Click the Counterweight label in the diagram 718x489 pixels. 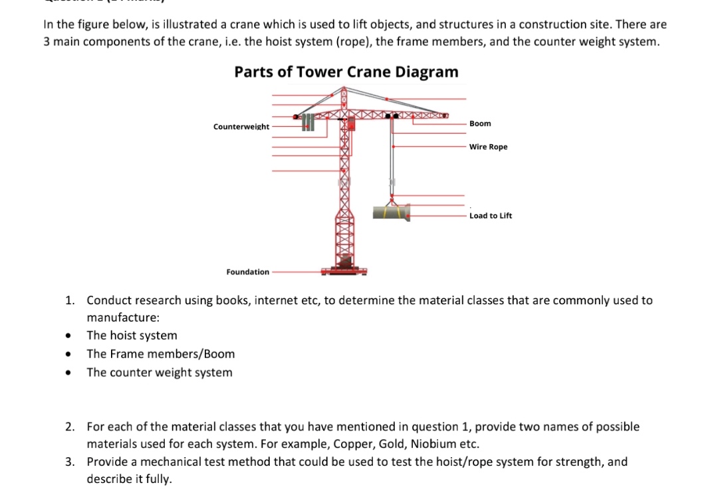click(241, 126)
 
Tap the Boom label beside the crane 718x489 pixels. click(480, 124)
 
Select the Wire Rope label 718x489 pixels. click(488, 147)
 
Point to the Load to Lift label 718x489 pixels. click(491, 215)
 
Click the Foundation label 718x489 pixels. click(248, 272)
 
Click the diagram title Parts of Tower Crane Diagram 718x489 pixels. click(346, 72)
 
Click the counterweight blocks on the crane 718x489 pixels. click(307, 122)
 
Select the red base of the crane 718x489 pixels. click(344, 269)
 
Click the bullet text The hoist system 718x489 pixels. click(132, 336)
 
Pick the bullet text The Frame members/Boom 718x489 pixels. click(161, 354)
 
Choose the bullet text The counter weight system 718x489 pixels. click(160, 373)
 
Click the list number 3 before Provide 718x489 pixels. click(69, 462)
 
